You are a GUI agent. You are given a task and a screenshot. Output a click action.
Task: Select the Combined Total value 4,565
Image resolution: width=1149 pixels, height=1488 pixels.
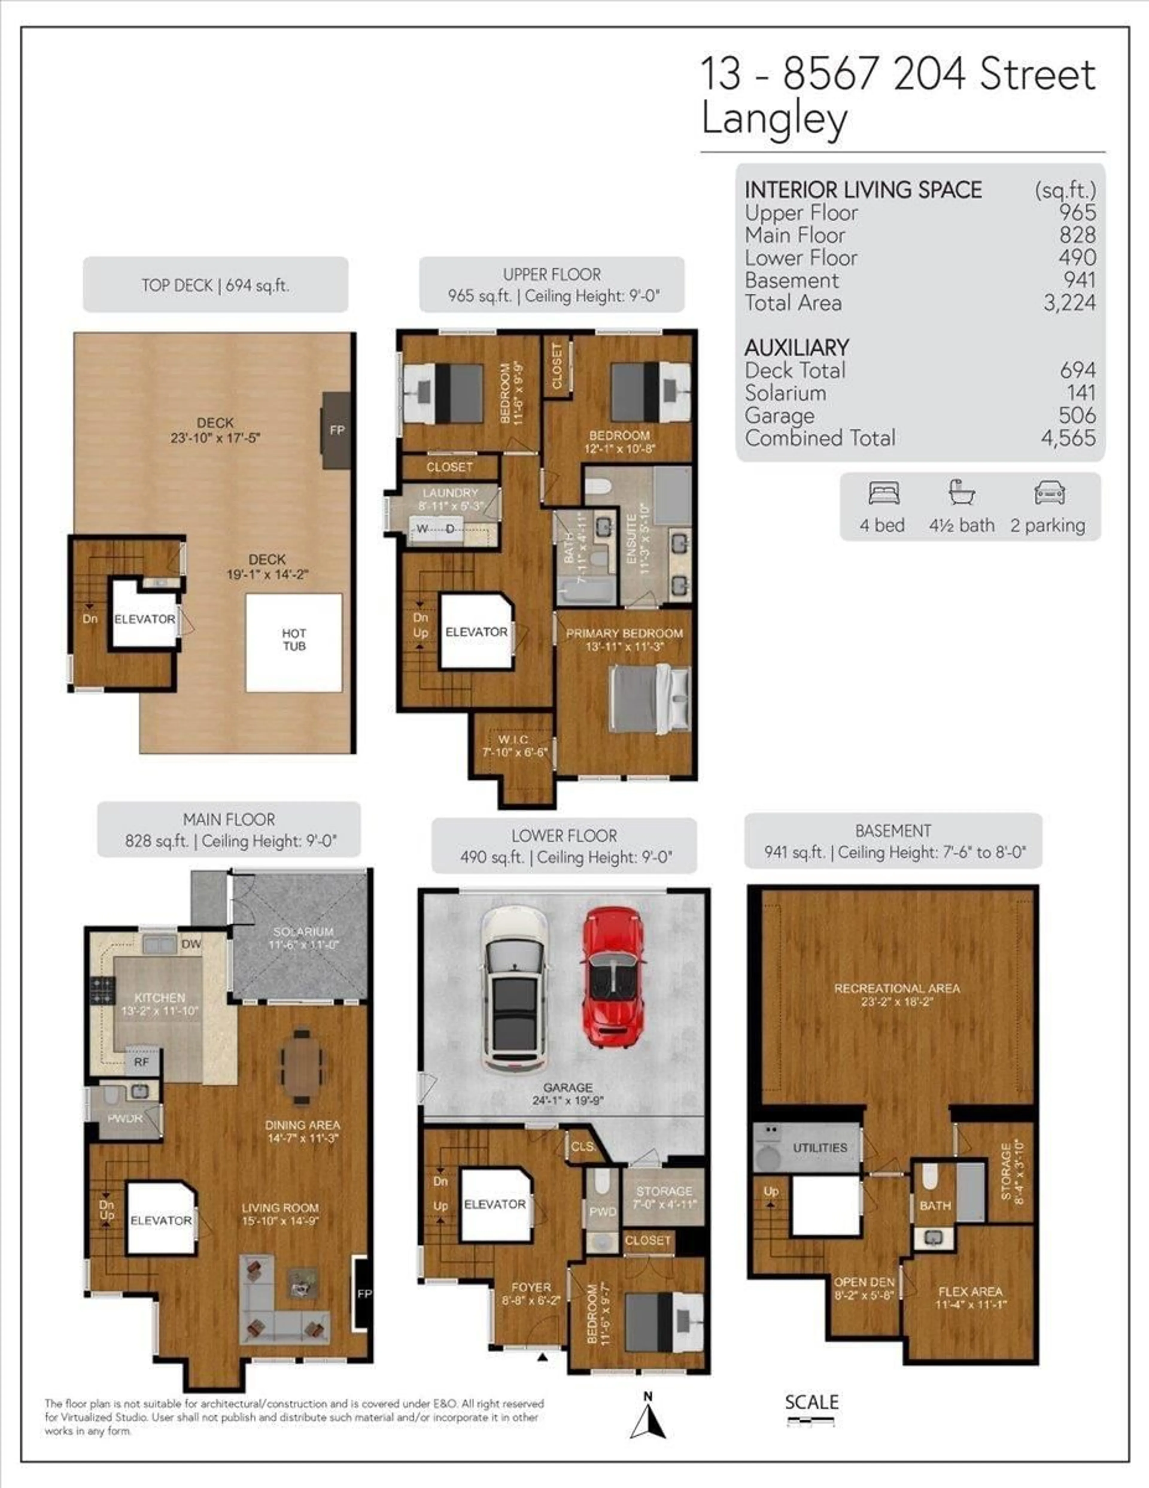pos(1068,437)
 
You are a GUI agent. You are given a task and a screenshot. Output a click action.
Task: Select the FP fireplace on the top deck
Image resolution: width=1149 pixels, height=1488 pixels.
pos(336,430)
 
